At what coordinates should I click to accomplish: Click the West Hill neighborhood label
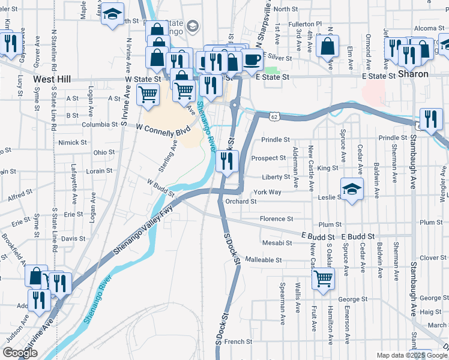[x=52, y=79]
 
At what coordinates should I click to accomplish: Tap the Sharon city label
[x=414, y=74]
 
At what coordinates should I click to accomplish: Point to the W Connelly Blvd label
[x=163, y=128]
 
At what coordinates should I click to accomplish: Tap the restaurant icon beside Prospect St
[x=227, y=161]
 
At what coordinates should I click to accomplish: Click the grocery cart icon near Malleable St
[x=323, y=278]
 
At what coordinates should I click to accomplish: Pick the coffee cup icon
[x=252, y=61]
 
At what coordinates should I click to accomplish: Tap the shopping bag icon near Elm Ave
[x=328, y=45]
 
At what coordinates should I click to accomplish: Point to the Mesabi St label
[x=277, y=243]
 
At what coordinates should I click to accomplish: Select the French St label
[x=239, y=341]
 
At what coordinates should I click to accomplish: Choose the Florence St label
[x=276, y=219]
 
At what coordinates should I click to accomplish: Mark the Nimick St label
[x=73, y=143]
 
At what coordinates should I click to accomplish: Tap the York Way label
[x=268, y=192]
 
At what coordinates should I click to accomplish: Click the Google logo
[x=20, y=353]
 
